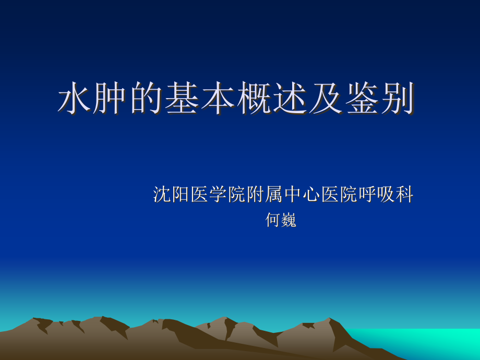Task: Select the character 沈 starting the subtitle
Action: [x=162, y=195]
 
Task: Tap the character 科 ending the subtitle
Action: [x=404, y=195]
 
